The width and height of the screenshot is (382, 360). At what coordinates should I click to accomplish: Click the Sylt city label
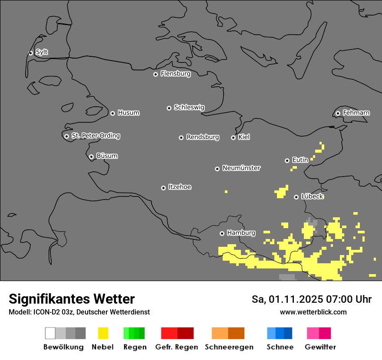coord(42,52)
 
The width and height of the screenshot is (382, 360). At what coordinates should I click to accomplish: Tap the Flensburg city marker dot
coord(155,74)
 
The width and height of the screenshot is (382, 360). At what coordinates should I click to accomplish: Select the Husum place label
coord(128,113)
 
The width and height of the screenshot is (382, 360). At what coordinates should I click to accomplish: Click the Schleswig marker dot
coord(169,108)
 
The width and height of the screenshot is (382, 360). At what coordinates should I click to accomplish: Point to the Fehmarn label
coord(356,113)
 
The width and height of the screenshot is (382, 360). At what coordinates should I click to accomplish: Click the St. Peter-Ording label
coord(95,136)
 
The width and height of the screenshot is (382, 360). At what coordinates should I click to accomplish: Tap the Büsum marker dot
coord(91,157)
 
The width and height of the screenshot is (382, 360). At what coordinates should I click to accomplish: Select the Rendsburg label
coord(203,137)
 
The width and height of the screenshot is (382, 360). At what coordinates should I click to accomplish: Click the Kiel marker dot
coord(233,137)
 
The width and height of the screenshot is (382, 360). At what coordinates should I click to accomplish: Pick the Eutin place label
coord(300,160)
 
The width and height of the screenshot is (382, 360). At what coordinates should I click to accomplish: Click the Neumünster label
coord(241,168)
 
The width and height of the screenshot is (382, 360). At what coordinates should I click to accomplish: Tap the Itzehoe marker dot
coord(163,188)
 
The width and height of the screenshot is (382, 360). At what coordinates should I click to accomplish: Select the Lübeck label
coord(312,196)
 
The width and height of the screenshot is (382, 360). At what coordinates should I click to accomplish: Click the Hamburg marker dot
coord(222,233)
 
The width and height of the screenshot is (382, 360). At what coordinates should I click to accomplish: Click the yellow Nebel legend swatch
coord(103,333)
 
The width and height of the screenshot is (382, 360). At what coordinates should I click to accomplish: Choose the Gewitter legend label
coord(320,347)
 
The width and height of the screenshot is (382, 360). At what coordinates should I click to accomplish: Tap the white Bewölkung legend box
coord(50,333)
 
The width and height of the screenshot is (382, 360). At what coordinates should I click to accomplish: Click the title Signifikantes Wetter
coord(72,299)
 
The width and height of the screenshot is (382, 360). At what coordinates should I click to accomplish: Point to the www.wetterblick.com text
coord(313,312)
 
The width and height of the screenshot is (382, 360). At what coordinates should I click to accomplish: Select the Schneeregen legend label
coord(229,347)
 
